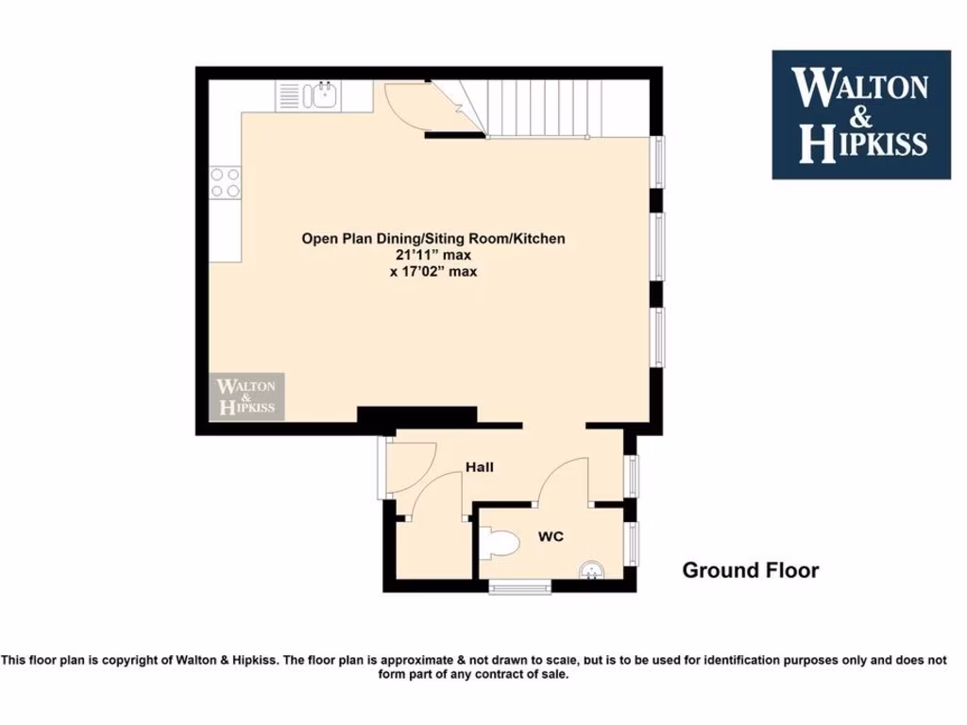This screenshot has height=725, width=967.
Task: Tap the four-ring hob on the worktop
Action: [226, 182]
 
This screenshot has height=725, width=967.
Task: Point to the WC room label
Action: [551, 536]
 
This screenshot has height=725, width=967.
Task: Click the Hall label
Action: [479, 466]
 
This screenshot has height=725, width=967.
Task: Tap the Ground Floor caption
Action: [750, 570]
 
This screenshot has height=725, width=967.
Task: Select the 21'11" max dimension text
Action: [433, 255]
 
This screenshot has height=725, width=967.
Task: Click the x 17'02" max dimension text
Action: [433, 272]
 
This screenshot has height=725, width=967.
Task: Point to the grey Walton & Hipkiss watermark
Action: [246, 396]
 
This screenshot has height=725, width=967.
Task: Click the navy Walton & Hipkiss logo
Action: [861, 114]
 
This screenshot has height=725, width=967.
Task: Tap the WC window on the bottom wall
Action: [520, 587]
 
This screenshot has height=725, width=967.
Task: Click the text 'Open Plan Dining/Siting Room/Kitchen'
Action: [433, 238]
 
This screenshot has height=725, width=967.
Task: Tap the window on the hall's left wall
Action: [381, 466]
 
